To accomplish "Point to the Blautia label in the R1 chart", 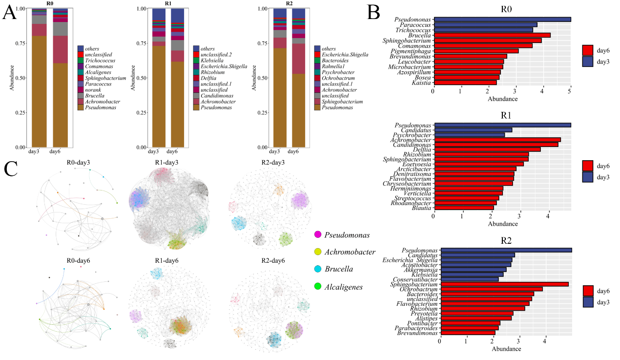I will [x=421, y=208].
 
